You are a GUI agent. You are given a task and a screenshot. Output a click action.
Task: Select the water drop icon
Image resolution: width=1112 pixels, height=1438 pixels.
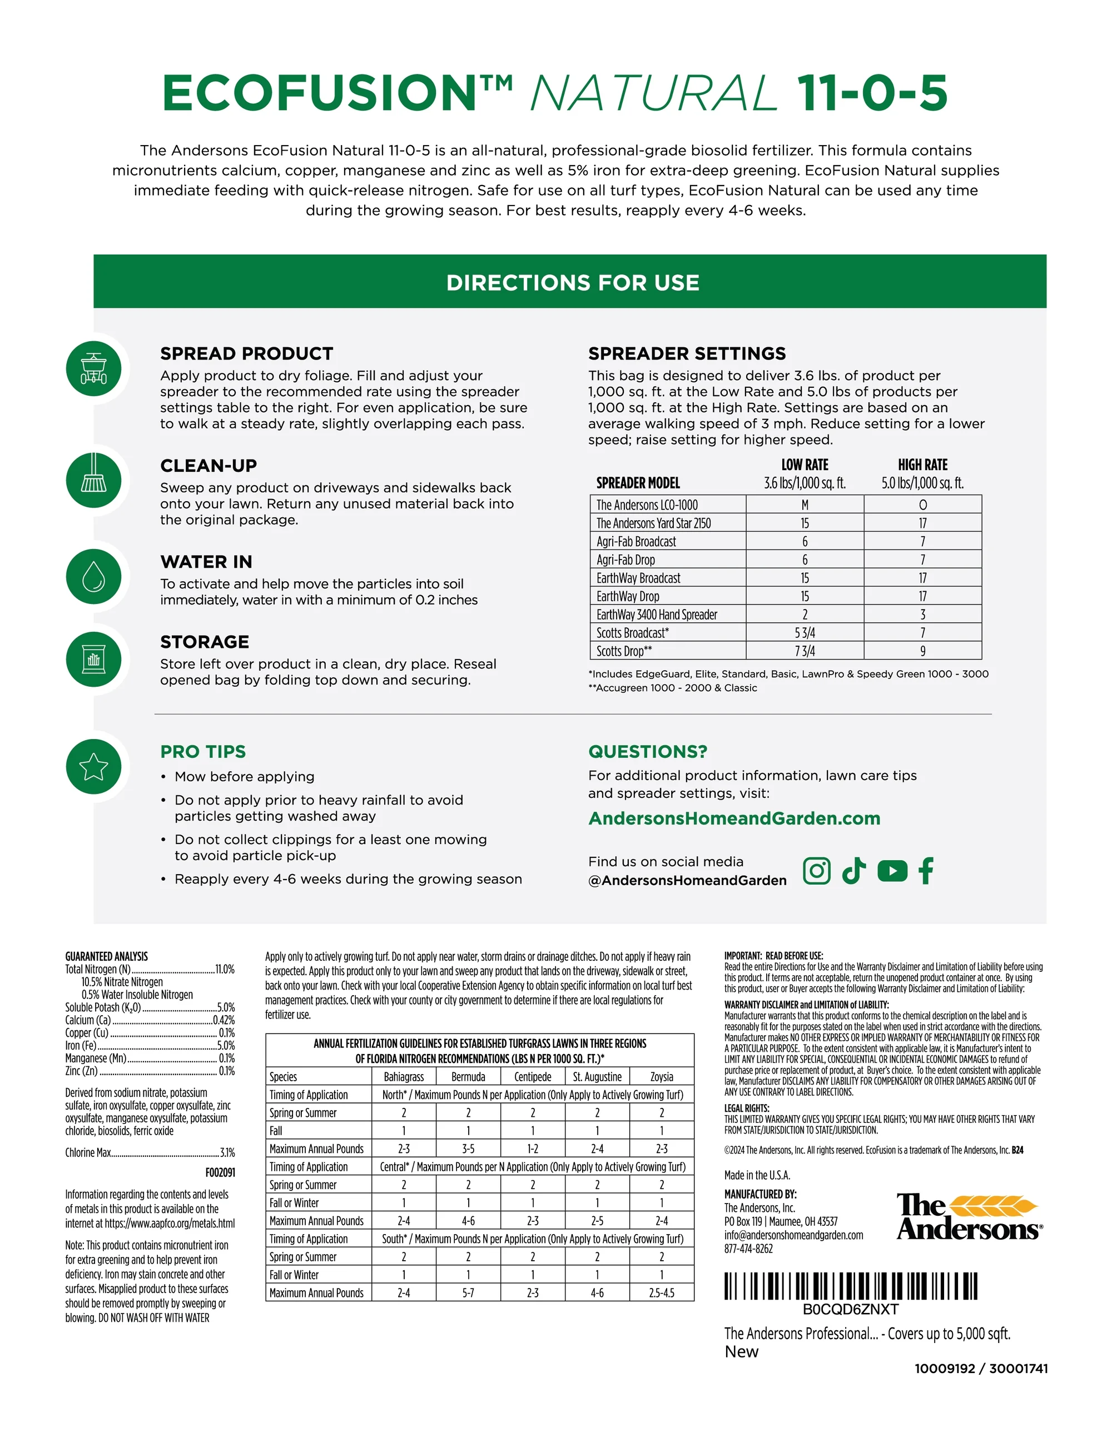point(93,577)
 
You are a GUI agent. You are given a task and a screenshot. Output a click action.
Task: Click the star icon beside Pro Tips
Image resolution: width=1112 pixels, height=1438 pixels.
point(93,766)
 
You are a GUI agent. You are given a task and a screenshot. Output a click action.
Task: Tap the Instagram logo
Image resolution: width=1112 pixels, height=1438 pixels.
point(816,871)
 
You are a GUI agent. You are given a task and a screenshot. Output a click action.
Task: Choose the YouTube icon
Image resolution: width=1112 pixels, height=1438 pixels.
point(892,871)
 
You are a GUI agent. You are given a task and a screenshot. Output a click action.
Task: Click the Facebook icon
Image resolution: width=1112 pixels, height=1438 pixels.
point(926,871)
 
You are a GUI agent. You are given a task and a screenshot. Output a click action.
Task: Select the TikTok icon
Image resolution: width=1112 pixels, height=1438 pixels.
point(854,871)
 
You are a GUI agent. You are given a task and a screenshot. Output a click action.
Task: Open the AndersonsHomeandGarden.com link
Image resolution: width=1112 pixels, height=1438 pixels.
point(734,818)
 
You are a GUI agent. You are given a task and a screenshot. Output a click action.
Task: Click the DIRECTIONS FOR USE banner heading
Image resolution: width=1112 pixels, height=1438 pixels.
point(573,282)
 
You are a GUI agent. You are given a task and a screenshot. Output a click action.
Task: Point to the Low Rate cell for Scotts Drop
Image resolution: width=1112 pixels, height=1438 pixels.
point(805,651)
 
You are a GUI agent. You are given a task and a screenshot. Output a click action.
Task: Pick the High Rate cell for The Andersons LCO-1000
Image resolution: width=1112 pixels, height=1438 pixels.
point(922,505)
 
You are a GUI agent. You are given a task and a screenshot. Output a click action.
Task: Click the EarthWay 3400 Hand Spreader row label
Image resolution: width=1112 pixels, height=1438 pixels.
point(657,615)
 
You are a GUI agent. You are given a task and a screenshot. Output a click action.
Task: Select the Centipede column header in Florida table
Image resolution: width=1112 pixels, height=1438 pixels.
point(532,1076)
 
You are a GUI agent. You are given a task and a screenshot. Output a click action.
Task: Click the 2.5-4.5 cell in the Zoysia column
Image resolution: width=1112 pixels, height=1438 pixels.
point(662,1292)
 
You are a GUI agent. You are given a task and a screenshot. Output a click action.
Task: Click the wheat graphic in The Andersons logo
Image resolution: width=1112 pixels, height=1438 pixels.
point(994,1206)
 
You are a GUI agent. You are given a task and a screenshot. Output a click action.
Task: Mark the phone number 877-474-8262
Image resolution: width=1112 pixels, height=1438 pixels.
point(748,1249)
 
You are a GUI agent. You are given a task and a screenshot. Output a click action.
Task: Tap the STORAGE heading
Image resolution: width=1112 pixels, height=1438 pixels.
point(204,642)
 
